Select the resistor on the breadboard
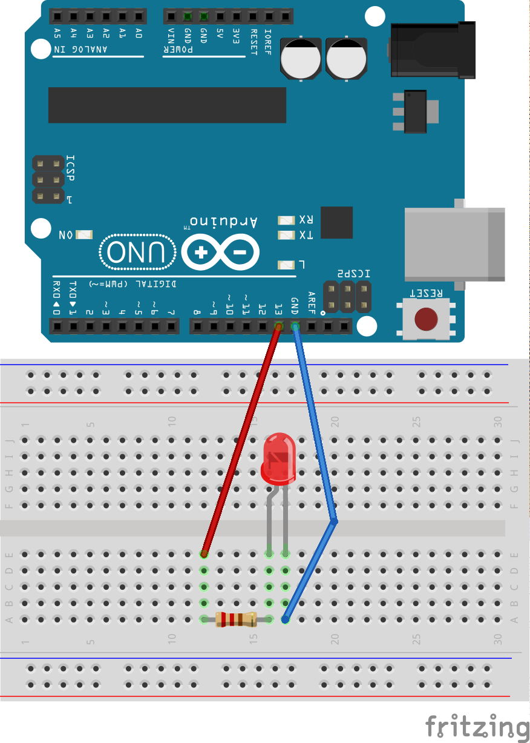tap(236, 619)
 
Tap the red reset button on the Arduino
tap(426, 319)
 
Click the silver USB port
tap(454, 243)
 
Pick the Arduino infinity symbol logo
tap(220, 251)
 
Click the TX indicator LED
tap(286, 235)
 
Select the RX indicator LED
tap(286, 220)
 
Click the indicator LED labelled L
tap(286, 265)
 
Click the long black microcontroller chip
tap(167, 105)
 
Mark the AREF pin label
tap(312, 301)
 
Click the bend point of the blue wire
tap(333, 521)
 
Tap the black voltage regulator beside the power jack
tap(415, 111)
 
